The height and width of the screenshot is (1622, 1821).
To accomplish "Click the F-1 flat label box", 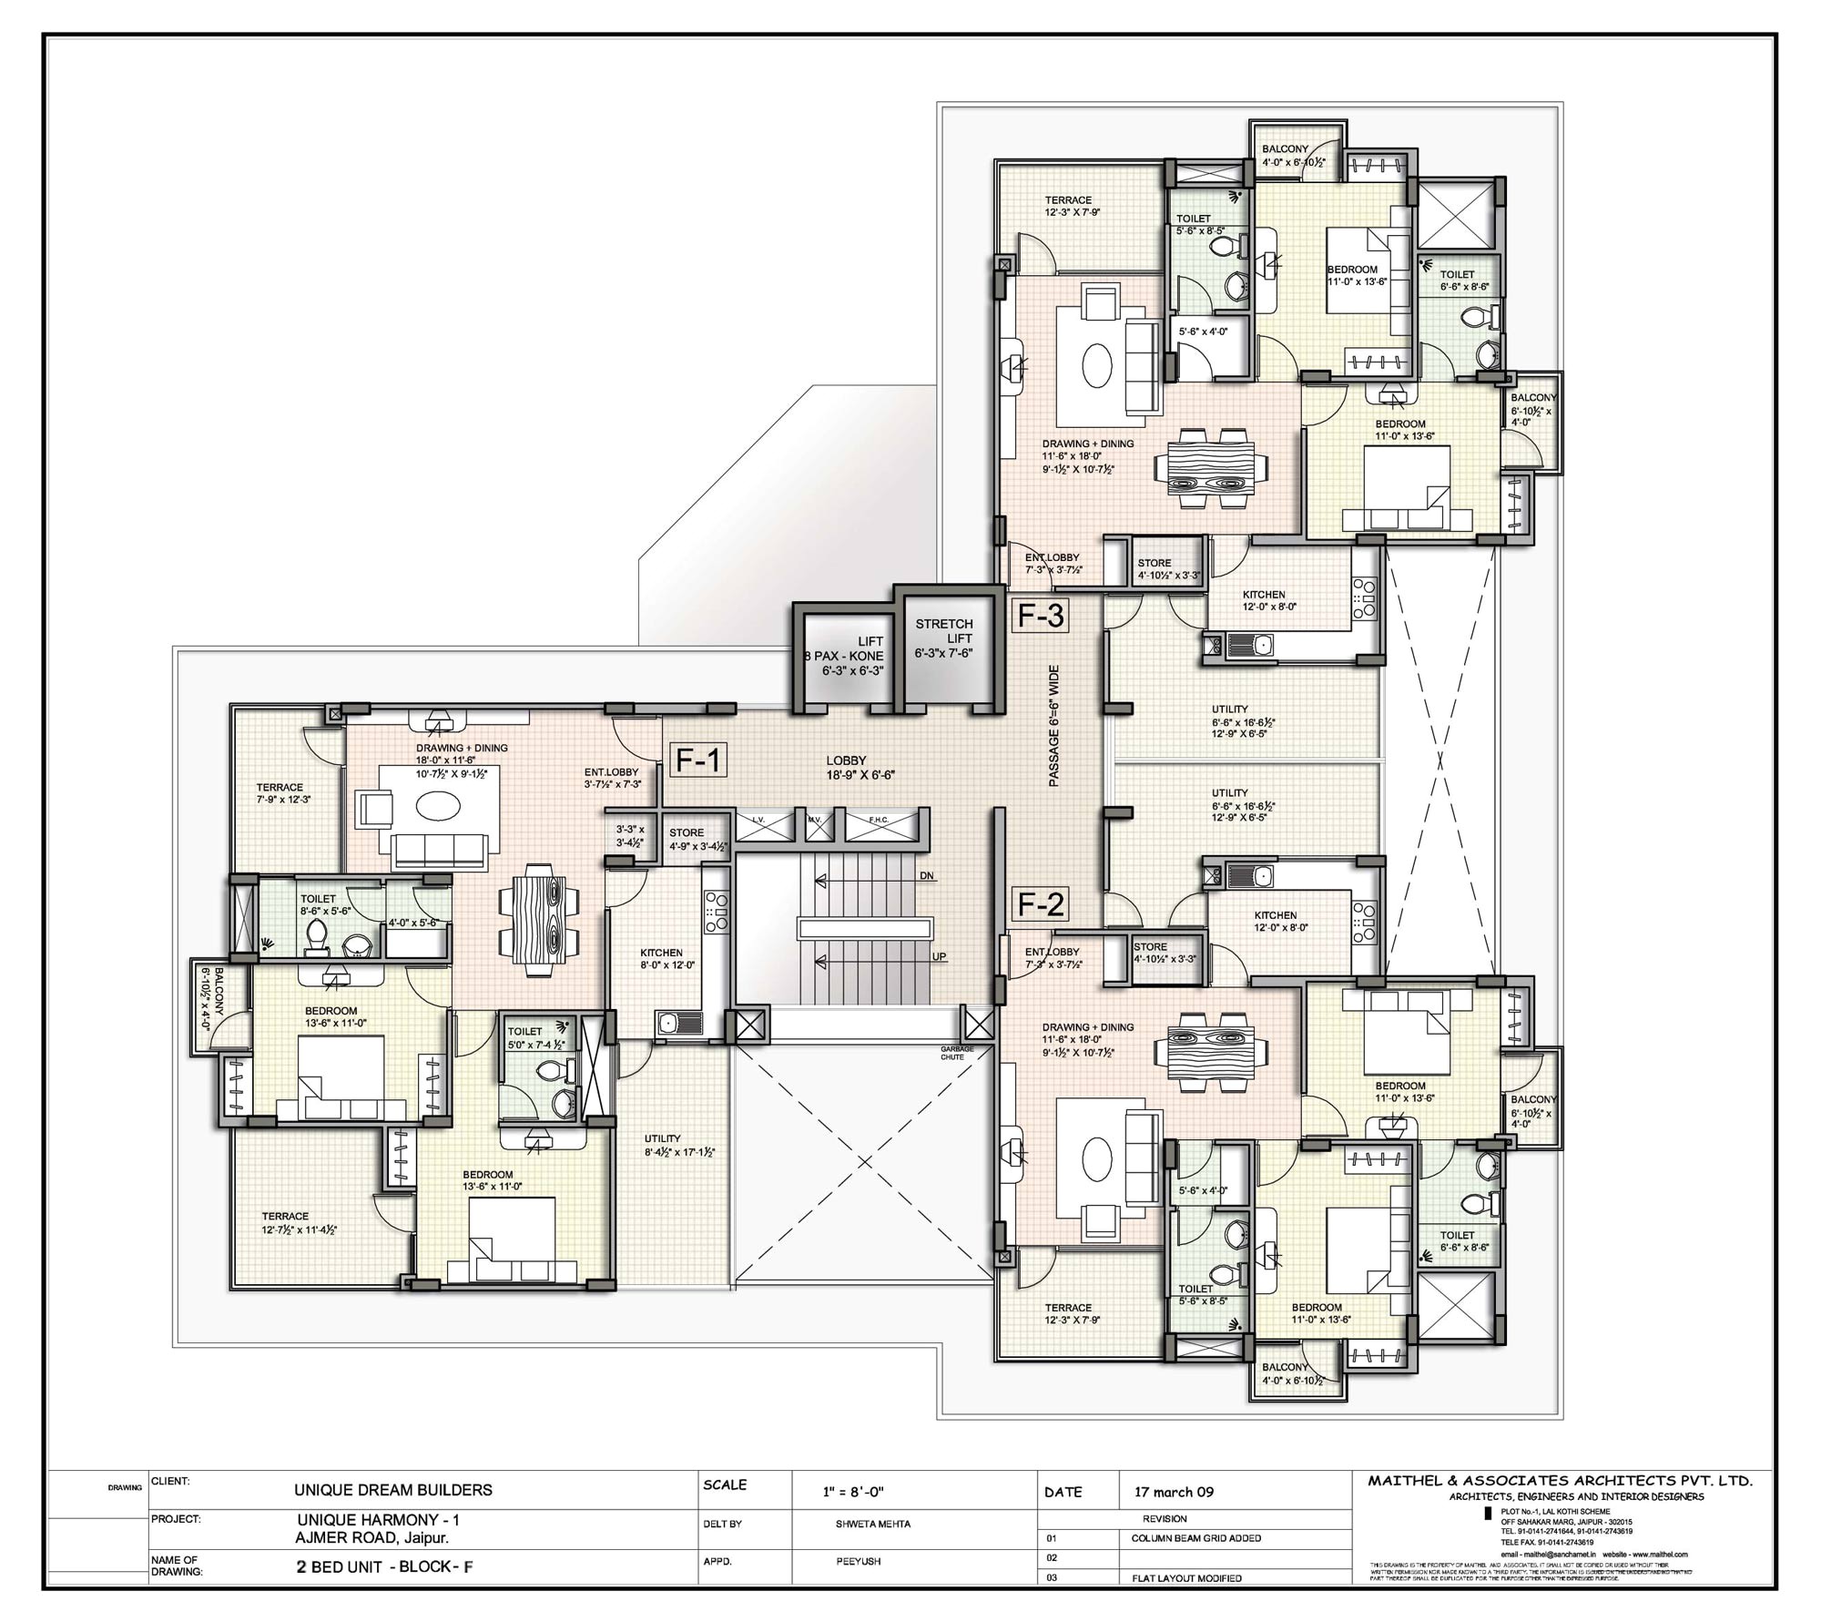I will [x=698, y=760].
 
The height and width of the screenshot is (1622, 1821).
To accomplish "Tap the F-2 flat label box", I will [x=1041, y=904].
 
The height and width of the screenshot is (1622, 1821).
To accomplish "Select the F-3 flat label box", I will [x=1041, y=617].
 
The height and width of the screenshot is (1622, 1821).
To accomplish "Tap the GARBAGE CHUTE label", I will [x=957, y=1053].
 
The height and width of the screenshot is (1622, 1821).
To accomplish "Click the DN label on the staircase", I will [x=927, y=876].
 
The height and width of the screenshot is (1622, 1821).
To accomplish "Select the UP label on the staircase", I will [x=939, y=956].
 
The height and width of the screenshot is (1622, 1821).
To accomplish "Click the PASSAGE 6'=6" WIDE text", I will [x=1053, y=726].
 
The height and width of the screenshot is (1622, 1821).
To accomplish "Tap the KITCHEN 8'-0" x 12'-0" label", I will [x=666, y=958].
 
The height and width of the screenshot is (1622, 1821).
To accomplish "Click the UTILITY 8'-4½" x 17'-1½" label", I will [x=678, y=1145].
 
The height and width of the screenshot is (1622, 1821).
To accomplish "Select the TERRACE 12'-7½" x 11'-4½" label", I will [x=299, y=1223].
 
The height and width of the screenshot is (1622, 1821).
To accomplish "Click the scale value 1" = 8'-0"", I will [x=853, y=1492].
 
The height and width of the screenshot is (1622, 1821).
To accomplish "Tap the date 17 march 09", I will [x=1174, y=1492].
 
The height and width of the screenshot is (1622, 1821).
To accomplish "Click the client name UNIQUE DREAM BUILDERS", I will [x=392, y=1490].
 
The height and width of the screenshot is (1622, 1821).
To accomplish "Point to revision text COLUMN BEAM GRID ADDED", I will [x=1195, y=1538].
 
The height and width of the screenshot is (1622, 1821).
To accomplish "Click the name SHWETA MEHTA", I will [x=872, y=1524].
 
